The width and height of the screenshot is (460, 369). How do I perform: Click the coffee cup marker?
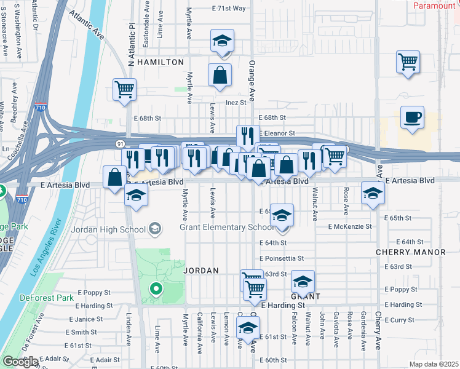pyautogui.click(x=412, y=117)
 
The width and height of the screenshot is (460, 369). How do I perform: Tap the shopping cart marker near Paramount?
pyautogui.click(x=408, y=62)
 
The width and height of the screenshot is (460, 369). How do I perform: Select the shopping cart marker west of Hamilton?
pyautogui.click(x=124, y=90)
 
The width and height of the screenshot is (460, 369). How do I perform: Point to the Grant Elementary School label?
pyautogui.click(x=227, y=227)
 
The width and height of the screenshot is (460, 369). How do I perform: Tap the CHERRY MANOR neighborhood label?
pyautogui.click(x=411, y=253)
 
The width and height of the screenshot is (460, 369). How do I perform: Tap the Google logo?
pyautogui.click(x=20, y=362)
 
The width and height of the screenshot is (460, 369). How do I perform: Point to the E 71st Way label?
pyautogui.click(x=228, y=9)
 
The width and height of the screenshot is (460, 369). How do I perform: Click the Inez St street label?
pyautogui.click(x=236, y=102)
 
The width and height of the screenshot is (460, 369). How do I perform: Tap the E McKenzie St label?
pyautogui.click(x=350, y=226)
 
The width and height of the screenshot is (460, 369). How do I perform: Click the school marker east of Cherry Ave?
pyautogui.click(x=373, y=194)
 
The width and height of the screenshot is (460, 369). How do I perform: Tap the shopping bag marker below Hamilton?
pyautogui.click(x=220, y=76)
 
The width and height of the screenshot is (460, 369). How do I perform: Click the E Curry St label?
pyautogui.click(x=402, y=320)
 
